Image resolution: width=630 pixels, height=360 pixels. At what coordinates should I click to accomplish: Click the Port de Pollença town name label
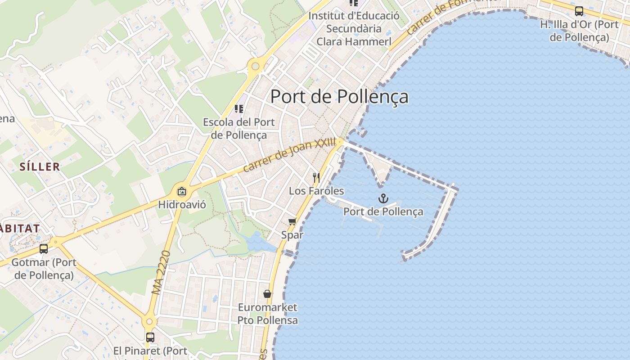click(339, 97)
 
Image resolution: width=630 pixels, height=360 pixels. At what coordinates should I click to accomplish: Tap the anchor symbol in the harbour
click(383, 198)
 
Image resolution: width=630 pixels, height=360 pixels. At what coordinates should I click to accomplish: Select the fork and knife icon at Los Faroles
click(316, 178)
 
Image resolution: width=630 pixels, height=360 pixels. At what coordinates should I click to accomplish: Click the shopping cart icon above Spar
click(292, 221)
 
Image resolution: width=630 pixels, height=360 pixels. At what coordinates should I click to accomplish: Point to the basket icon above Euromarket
click(267, 294)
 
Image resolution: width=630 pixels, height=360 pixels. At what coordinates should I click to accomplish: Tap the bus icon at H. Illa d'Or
click(579, 11)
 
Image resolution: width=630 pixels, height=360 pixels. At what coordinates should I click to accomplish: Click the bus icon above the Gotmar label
click(44, 248)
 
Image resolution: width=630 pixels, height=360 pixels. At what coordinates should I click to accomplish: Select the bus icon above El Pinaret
click(150, 337)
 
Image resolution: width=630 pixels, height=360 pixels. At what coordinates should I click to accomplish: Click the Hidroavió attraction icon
click(182, 192)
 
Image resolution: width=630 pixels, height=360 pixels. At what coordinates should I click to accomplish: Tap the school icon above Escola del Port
click(239, 109)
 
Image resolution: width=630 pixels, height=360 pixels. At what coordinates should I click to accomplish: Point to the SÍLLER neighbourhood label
click(40, 167)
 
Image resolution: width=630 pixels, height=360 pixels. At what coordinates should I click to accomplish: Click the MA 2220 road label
click(161, 273)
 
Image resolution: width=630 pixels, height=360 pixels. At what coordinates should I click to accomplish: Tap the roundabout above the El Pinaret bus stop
click(149, 321)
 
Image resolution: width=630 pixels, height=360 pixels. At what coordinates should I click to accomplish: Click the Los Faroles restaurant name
click(316, 191)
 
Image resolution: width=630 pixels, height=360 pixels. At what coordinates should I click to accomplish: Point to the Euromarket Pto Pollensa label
click(268, 314)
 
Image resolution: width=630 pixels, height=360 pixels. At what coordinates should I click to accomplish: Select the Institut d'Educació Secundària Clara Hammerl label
click(354, 29)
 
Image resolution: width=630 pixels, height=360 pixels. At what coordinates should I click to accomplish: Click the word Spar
click(292, 235)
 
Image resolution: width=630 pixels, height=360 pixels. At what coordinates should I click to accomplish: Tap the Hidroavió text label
click(182, 205)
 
